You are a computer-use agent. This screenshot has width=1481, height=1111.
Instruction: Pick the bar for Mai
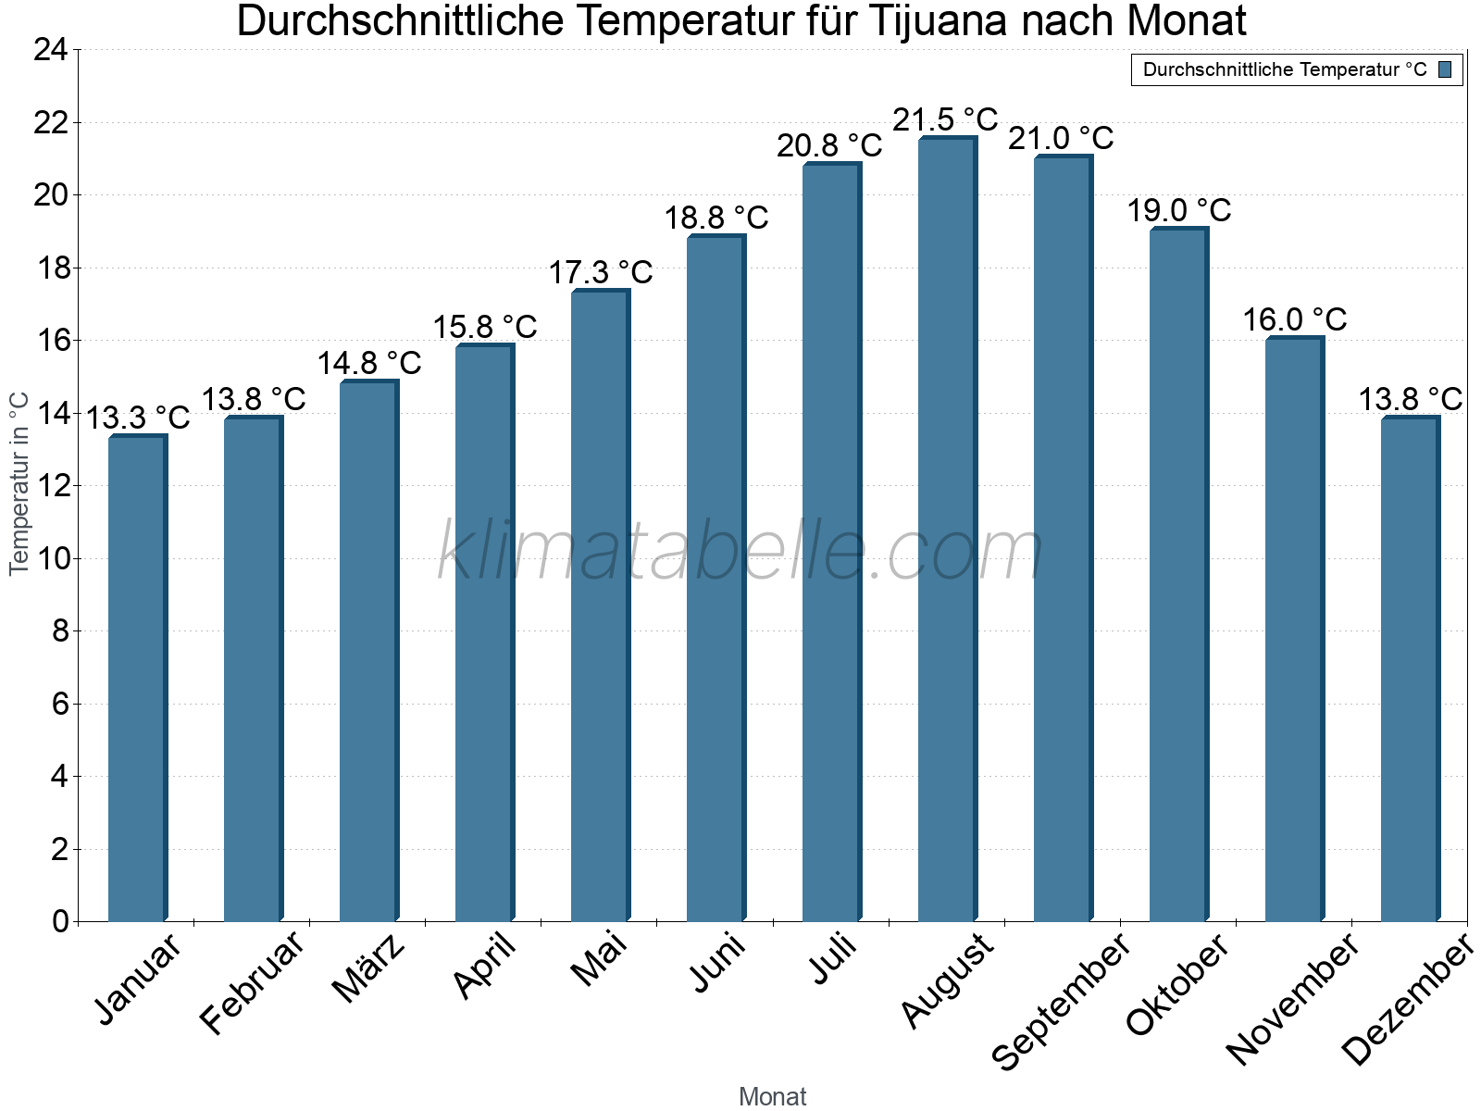tap(600, 605)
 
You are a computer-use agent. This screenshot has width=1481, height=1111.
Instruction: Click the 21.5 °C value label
tap(945, 119)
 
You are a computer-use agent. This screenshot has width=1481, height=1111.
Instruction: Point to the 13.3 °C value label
tap(138, 418)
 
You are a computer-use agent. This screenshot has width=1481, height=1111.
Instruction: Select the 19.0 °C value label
tap(1178, 210)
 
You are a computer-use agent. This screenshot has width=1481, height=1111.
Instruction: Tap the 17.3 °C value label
tap(601, 272)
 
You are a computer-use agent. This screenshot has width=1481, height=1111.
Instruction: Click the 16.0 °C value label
tap(1294, 319)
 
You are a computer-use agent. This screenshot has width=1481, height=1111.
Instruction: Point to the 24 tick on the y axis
tap(51, 50)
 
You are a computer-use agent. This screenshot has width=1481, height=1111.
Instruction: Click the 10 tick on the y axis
tap(51, 558)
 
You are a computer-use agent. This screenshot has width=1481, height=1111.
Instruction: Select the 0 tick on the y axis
tap(60, 921)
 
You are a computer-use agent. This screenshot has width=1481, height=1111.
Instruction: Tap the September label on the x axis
tap(1061, 1000)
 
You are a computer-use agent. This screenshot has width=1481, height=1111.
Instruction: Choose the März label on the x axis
tap(369, 967)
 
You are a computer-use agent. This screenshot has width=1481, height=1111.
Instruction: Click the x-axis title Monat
tap(773, 1096)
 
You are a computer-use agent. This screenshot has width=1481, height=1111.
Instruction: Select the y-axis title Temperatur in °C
tap(19, 483)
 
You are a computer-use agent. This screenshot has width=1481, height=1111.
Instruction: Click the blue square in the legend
tap(1445, 69)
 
